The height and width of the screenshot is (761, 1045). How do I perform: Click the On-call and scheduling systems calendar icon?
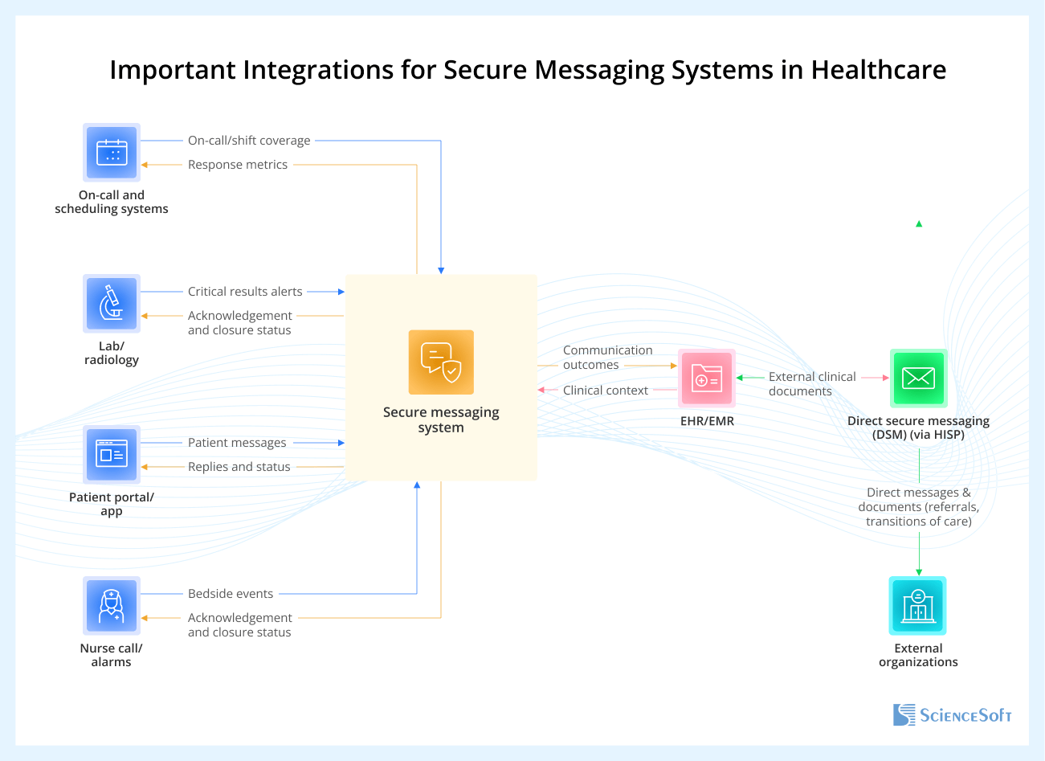[112, 152]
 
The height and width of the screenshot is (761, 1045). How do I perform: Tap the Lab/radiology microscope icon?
[112, 303]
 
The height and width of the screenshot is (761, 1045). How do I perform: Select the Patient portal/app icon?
[112, 454]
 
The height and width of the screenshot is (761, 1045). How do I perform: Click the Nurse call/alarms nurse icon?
[112, 605]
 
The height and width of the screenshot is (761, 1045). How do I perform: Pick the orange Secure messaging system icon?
[441, 362]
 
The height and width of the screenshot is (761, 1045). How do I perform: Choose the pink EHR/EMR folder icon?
[707, 378]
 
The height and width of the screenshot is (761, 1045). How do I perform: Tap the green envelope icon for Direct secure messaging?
[918, 378]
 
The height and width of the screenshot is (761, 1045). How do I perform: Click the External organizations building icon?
[918, 605]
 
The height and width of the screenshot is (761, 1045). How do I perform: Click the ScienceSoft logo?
[952, 714]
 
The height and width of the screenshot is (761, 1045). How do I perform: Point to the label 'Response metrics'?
[238, 165]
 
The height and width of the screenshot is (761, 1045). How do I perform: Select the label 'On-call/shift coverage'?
[249, 141]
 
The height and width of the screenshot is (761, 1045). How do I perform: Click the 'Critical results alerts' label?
[245, 292]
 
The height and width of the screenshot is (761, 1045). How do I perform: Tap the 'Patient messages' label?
[237, 443]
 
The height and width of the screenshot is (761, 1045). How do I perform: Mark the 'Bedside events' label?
[231, 594]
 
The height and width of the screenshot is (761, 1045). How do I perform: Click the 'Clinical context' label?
[606, 391]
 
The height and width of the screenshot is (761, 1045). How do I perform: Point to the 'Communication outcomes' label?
[607, 358]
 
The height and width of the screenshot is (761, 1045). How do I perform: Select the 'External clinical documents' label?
[811, 384]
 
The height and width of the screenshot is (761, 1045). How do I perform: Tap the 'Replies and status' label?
[239, 467]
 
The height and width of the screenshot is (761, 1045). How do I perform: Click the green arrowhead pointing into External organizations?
[919, 571]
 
